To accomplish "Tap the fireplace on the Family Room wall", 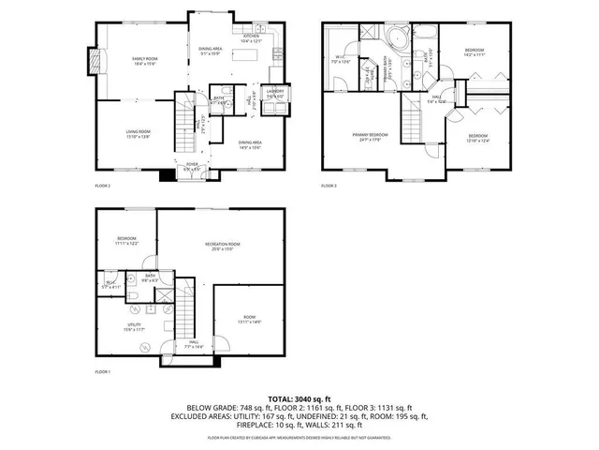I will [x=92, y=61].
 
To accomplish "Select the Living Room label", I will [x=139, y=133].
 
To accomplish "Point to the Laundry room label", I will [x=274, y=92].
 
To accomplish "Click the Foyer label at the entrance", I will [x=192, y=167].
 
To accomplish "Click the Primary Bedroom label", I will [x=369, y=138].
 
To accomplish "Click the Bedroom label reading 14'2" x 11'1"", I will [x=475, y=51].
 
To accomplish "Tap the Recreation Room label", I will [x=219, y=246].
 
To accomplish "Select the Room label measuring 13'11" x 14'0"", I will [x=249, y=320].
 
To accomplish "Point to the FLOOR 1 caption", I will [x=103, y=372].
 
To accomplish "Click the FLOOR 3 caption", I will [x=329, y=186].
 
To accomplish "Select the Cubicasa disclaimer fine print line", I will [x=299, y=437].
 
